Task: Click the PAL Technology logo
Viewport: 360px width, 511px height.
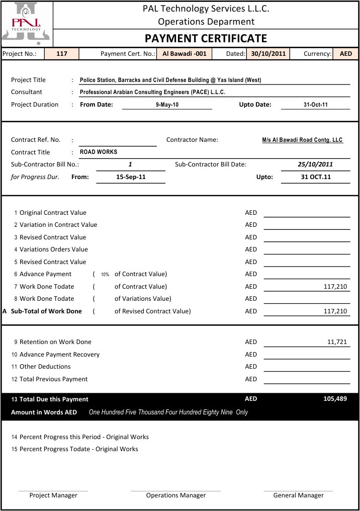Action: click(27, 23)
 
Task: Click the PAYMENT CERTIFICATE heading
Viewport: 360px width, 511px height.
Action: click(206, 39)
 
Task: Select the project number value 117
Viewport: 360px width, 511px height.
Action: click(62, 54)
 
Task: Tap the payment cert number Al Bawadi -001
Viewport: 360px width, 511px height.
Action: click(184, 54)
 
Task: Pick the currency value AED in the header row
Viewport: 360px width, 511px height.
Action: click(346, 54)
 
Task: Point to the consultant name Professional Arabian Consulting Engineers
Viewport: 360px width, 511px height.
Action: click(152, 93)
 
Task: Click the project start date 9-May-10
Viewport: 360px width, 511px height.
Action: click(167, 105)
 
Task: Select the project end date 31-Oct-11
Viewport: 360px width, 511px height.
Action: click(315, 105)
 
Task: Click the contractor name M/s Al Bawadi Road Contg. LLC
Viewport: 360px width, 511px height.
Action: click(302, 140)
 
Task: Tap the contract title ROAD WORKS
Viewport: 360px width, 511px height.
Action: click(99, 152)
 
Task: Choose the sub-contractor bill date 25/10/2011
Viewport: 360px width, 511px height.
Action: click(315, 164)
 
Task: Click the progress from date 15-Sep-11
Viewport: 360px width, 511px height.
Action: click(131, 177)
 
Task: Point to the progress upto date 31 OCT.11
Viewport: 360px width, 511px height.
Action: click(315, 177)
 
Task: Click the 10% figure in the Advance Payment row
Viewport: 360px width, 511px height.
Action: click(105, 275)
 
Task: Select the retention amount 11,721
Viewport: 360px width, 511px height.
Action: click(337, 342)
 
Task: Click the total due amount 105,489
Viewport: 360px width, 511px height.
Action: click(335, 399)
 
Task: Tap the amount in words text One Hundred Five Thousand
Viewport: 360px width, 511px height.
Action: click(168, 412)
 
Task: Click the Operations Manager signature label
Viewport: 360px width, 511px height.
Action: click(175, 495)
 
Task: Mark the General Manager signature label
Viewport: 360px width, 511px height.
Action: click(298, 495)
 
